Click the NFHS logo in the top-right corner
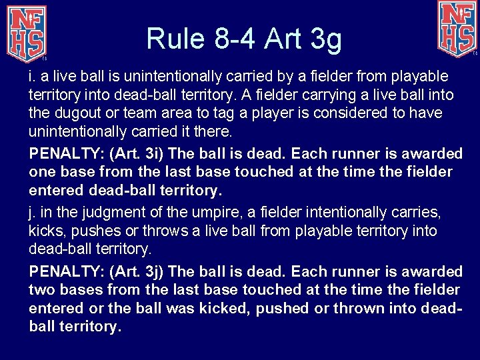[457, 28]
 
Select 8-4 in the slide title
[234, 38]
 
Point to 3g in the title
[325, 39]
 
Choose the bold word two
[42, 290]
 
